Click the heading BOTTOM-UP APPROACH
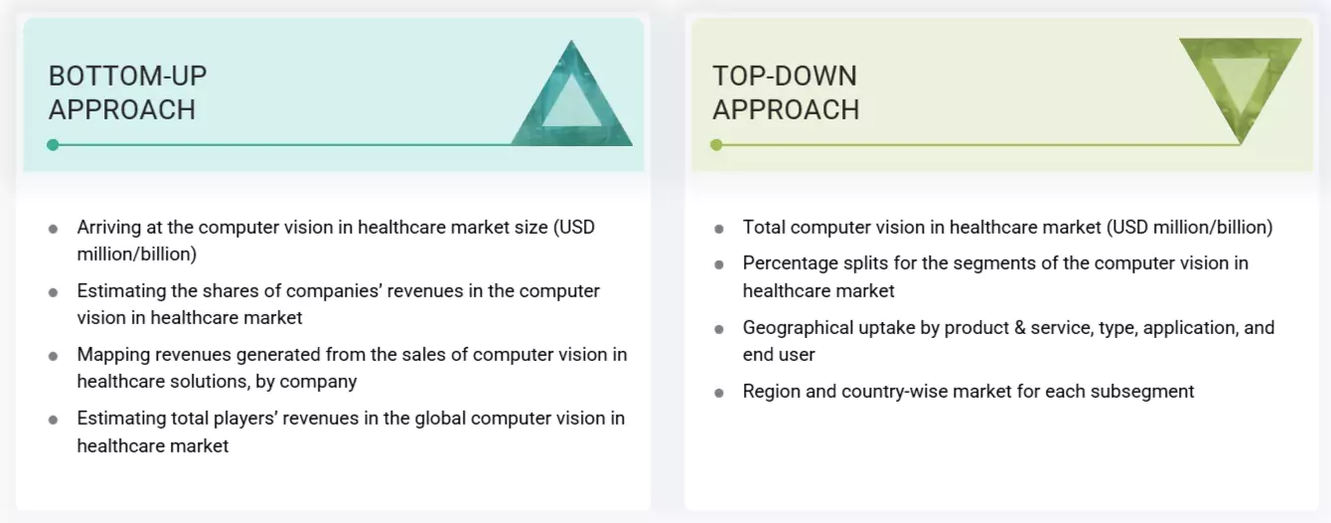pos(127,92)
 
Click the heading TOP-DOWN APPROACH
pos(785,92)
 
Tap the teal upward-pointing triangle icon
pos(572,99)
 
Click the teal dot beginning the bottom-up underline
pos(53,145)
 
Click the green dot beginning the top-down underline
pos(716,145)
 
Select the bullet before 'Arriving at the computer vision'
pos(53,229)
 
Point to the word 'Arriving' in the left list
pos(108,227)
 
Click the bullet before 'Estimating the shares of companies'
pos(53,292)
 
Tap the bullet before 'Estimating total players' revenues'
pos(53,420)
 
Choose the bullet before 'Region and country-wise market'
pos(718,393)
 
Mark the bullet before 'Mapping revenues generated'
pos(53,356)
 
